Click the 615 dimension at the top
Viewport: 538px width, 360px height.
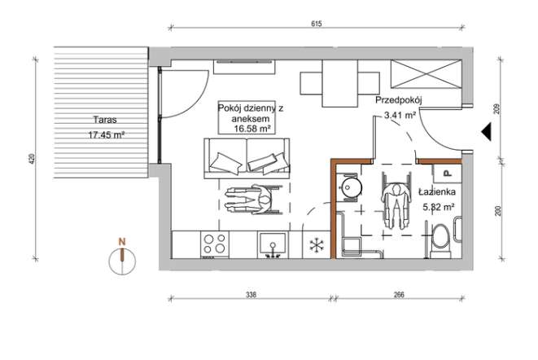coord(316,24)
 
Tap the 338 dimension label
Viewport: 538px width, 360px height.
coord(252,295)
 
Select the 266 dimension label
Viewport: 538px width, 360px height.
coord(399,295)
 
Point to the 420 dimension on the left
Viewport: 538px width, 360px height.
coord(33,159)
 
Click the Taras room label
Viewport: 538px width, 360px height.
coord(105,120)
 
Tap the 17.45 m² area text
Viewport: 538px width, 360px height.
coord(106,135)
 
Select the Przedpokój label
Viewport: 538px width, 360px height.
coord(398,101)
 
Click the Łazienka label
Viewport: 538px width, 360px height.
coord(437,191)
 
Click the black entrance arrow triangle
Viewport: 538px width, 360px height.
coord(487,131)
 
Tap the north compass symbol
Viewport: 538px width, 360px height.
coord(122,257)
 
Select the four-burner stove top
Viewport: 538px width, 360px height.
coord(215,244)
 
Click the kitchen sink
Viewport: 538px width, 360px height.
coord(273,244)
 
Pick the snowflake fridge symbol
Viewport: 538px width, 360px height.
coord(317,245)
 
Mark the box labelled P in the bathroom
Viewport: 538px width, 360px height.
coord(448,173)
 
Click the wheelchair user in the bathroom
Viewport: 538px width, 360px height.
coord(396,200)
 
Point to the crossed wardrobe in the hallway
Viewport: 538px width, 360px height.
coord(426,74)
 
